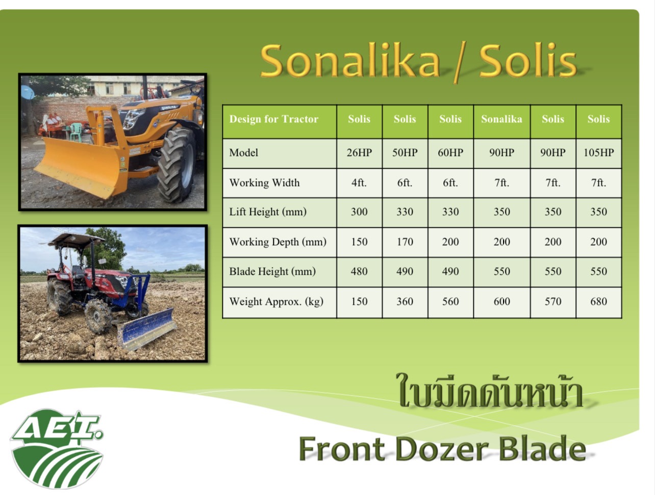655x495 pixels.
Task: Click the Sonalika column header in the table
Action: pos(501,119)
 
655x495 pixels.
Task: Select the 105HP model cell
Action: pos(598,153)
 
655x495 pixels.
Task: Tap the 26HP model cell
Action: pos(359,153)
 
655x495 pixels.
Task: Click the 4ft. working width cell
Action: pos(359,183)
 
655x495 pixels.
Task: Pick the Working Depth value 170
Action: pos(405,242)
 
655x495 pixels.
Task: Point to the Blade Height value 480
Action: pos(359,272)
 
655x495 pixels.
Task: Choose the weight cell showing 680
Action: pos(598,302)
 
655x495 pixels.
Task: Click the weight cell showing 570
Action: pos(553,302)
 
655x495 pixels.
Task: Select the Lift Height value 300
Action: pos(359,212)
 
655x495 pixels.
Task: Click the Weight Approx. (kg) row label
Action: pos(276,302)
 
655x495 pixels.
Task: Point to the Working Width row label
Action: pos(264,183)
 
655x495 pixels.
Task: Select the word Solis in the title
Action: pos(527,61)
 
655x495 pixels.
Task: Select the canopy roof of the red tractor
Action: pos(77,240)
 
